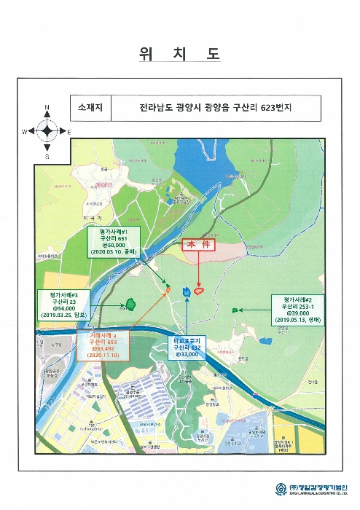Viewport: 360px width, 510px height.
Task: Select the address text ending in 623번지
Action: coord(219,107)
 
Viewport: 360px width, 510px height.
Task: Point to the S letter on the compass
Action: coord(47,155)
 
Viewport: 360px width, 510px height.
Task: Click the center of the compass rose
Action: coord(47,132)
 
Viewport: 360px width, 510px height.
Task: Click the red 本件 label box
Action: coord(199,246)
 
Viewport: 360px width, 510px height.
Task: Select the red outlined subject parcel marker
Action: coord(198,291)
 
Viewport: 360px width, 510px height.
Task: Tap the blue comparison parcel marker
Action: coord(187,292)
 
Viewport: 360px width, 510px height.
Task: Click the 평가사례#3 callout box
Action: coord(64,305)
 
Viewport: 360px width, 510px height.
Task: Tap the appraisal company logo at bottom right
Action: coord(281,489)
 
